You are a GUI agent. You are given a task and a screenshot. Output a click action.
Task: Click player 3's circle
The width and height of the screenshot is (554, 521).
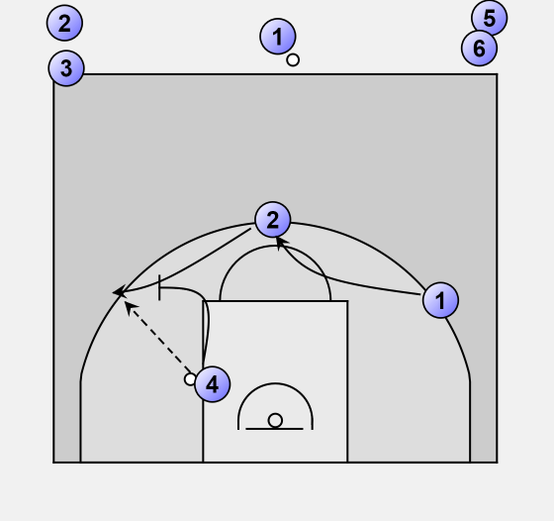point(66,68)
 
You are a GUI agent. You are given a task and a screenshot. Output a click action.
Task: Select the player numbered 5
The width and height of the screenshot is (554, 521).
point(490,18)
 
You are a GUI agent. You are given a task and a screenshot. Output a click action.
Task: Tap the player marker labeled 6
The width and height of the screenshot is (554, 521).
point(479,49)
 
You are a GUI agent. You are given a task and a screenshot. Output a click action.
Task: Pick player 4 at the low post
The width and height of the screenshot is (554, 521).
point(213,384)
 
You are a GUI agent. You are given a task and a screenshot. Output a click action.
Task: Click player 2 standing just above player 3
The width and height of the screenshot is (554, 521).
point(64,23)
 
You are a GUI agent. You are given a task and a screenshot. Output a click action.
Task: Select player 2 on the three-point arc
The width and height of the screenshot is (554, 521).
point(273,220)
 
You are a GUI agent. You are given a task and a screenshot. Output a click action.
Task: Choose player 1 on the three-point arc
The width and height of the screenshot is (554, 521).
point(440,300)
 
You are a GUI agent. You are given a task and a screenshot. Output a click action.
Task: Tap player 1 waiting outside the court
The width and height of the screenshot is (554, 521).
point(278,37)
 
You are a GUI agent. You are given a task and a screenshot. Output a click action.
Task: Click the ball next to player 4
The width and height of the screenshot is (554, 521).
point(190,379)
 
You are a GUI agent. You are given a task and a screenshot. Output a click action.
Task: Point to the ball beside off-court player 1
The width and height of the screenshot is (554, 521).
point(293,60)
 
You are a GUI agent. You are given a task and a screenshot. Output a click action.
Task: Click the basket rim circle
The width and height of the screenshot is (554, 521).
point(275,421)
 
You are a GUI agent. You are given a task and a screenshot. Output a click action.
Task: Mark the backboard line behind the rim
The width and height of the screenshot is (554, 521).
point(274,429)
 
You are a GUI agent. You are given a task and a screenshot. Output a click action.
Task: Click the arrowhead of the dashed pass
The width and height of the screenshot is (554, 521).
point(130,307)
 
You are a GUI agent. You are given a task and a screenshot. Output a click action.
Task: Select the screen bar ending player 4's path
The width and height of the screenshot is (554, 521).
point(159,287)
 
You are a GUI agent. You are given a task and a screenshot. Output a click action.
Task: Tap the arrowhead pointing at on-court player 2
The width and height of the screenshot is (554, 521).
point(281,244)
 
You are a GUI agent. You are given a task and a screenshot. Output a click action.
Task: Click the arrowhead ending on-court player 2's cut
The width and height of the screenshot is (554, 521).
point(119,292)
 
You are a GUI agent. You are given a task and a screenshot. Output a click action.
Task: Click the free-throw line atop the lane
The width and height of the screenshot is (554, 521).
point(275,301)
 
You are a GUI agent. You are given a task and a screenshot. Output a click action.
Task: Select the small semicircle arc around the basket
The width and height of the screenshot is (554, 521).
point(275,383)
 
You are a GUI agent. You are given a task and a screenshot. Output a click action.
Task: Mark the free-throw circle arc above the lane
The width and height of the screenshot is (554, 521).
point(275,247)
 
